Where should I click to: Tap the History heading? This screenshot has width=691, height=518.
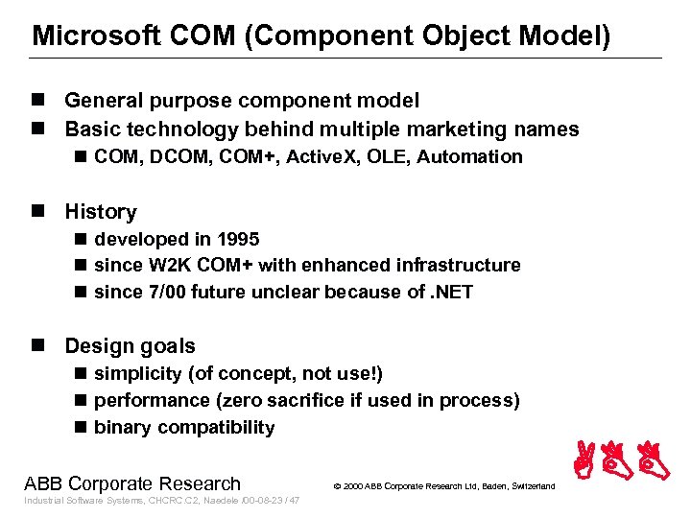click(100, 212)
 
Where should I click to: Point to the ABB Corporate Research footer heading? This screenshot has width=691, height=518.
click(132, 483)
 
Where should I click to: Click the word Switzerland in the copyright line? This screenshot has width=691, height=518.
click(529, 486)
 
